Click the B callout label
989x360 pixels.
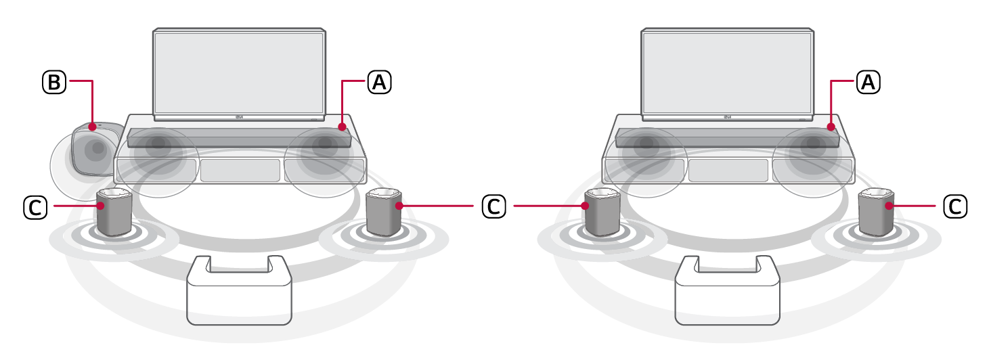click(54, 82)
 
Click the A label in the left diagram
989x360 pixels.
click(379, 82)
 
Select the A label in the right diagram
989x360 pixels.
click(868, 82)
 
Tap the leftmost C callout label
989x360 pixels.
click(35, 206)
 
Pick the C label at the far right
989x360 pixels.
click(955, 206)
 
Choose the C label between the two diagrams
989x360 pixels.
click(493, 206)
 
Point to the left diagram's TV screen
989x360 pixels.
click(239, 72)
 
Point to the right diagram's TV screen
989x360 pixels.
click(727, 72)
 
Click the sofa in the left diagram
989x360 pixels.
click(239, 291)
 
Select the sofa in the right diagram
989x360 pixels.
click(727, 291)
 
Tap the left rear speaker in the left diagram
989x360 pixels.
click(114, 212)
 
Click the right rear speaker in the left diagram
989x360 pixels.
click(384, 212)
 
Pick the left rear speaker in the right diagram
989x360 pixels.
click(602, 212)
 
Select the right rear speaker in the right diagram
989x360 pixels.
click(877, 212)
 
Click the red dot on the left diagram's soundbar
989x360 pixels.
click(342, 127)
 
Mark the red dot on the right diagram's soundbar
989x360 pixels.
click(831, 127)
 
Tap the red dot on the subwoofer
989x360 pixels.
click(92, 127)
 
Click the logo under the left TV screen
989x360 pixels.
click(240, 117)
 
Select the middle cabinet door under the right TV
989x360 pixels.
click(728, 171)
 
